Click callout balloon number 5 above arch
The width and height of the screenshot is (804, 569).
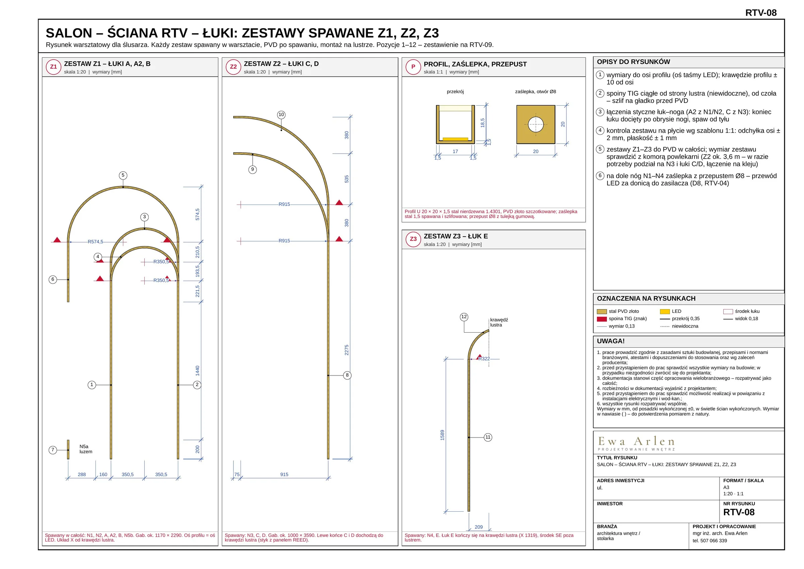tap(123, 175)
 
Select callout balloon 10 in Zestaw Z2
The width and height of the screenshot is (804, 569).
tap(281, 115)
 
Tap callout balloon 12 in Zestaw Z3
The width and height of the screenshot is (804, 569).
tap(464, 317)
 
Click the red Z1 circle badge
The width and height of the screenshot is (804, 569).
tap(54, 67)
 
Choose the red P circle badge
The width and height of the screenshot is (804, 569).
tap(413, 67)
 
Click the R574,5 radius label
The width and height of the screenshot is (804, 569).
tap(95, 241)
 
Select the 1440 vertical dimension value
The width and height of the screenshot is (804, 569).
tap(198, 371)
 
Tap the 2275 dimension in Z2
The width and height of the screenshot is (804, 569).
tap(347, 350)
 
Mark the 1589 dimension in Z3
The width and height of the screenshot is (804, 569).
tap(442, 435)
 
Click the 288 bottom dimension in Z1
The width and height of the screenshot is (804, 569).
tap(82, 474)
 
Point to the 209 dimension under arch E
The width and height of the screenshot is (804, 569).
tap(479, 527)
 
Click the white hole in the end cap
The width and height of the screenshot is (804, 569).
tap(536, 124)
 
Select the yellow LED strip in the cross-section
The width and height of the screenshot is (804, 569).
tap(455, 139)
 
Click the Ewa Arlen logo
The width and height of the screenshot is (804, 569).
tap(636, 443)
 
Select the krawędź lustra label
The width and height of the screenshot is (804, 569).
tap(499, 322)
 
